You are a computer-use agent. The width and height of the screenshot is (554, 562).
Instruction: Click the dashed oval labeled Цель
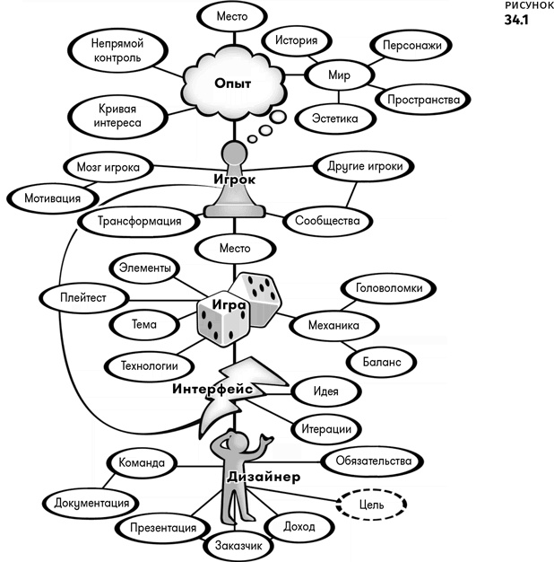[x=371, y=505]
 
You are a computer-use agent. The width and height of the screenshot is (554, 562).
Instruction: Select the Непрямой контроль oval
[x=117, y=50]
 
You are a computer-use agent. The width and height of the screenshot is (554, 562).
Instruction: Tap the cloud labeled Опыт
[x=234, y=83]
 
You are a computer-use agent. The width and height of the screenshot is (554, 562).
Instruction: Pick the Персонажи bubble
[x=411, y=46]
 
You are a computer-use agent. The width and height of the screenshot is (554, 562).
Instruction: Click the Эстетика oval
[x=335, y=119]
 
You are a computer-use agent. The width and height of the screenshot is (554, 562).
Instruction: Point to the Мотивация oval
[x=53, y=198]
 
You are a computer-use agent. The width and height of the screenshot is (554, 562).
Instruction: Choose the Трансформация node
[x=139, y=221]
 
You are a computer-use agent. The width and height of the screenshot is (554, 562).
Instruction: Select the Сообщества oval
[x=327, y=221]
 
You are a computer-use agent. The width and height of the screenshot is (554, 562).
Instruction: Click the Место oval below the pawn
[x=235, y=249]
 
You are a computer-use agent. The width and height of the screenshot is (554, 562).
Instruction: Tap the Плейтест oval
[x=83, y=298]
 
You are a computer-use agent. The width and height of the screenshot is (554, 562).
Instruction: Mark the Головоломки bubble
[x=389, y=288]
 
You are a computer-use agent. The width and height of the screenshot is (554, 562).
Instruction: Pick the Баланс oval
[x=382, y=362]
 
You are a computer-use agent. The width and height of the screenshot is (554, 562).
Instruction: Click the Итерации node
[x=326, y=429]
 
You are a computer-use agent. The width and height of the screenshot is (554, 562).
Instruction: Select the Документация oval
[x=91, y=504]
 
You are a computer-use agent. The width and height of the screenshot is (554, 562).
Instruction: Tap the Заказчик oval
[x=238, y=546]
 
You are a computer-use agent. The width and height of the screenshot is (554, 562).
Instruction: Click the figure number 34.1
[x=516, y=20]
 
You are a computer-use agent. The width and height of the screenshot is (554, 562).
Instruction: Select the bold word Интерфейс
[x=212, y=389]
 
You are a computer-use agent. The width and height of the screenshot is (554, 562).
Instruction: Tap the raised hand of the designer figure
[x=266, y=439]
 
